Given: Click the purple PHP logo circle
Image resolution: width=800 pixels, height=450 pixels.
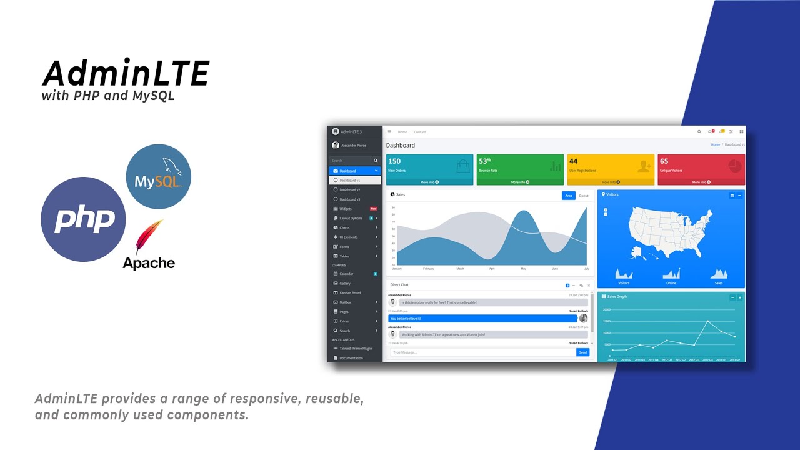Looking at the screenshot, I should click(83, 219).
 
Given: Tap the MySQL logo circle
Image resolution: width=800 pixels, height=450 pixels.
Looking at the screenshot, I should click(159, 176).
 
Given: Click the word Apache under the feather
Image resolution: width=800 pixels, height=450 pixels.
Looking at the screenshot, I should click(149, 263).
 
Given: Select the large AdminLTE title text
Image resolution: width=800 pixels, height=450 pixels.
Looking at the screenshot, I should click(126, 74).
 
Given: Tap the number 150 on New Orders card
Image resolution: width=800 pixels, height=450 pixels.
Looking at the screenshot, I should click(394, 161).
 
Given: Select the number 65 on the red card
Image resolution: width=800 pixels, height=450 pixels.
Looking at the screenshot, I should click(664, 161).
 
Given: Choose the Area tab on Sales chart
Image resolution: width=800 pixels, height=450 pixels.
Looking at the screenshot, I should click(568, 196).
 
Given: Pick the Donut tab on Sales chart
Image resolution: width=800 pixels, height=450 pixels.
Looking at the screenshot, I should click(584, 196).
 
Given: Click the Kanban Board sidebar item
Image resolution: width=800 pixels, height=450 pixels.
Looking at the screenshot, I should click(350, 292).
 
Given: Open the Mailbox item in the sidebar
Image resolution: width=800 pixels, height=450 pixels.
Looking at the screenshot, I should click(346, 302).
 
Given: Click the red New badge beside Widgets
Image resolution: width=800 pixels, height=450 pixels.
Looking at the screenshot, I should click(374, 209).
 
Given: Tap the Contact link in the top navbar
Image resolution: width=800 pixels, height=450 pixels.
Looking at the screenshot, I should click(420, 132).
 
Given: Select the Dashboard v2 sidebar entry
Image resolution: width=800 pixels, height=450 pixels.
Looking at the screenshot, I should click(350, 189).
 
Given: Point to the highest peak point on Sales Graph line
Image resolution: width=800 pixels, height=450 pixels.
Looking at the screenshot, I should click(707, 321).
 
